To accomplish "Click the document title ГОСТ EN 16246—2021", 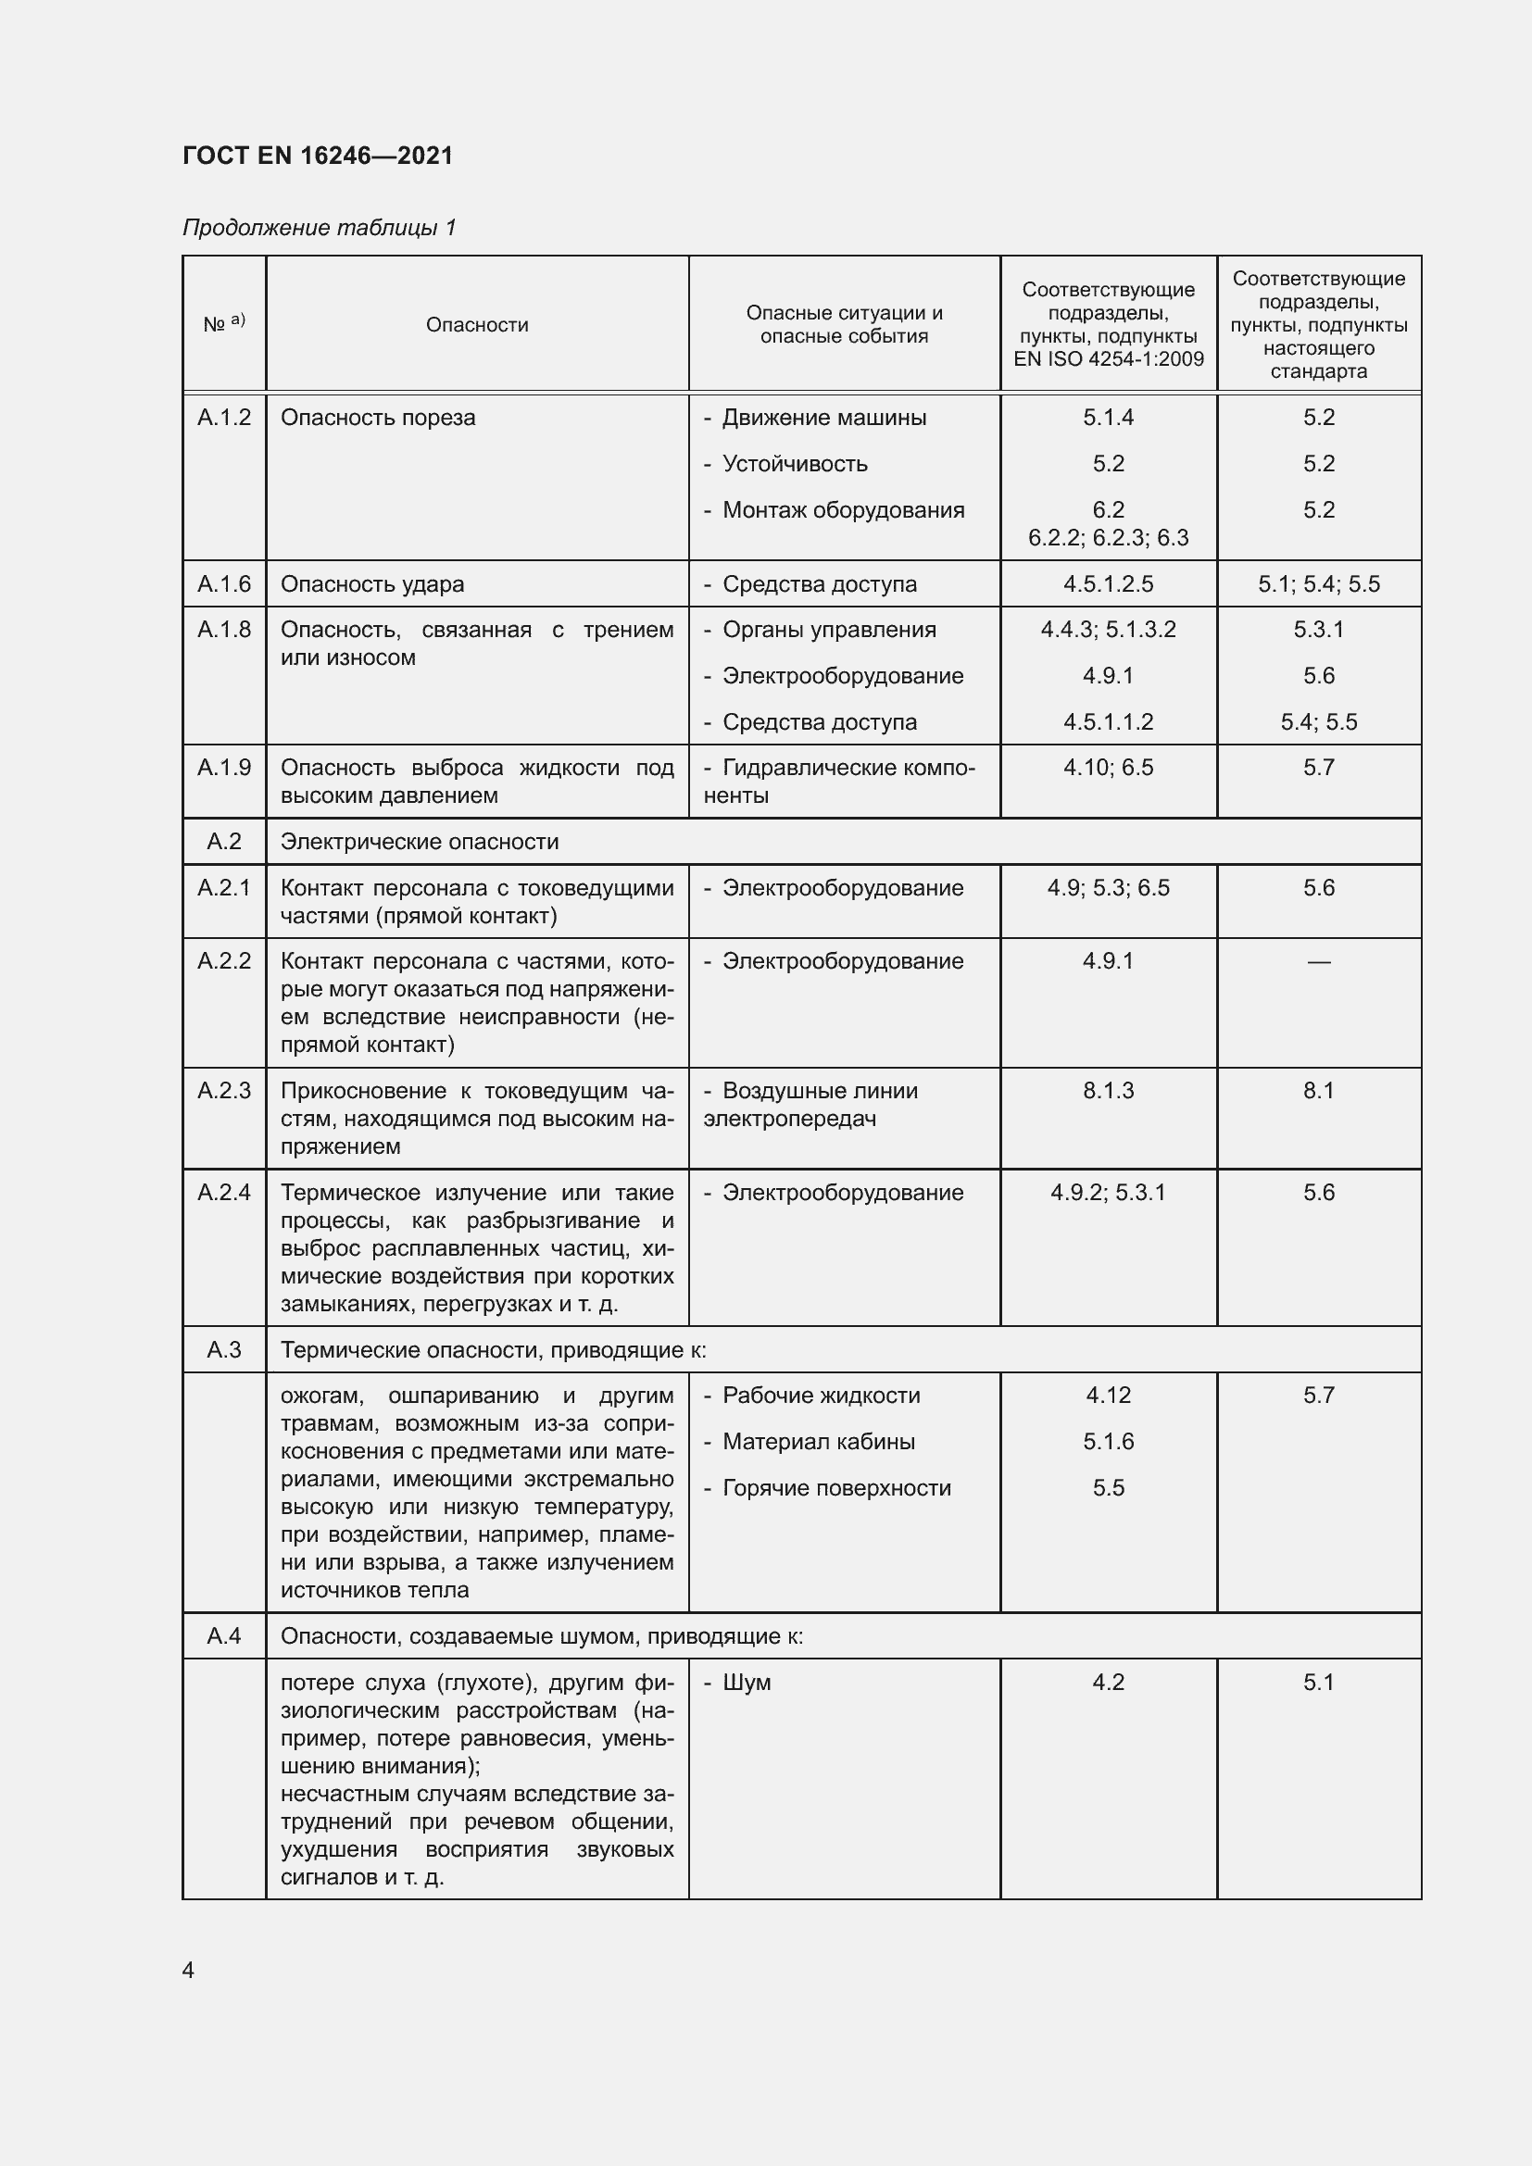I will coord(318,156).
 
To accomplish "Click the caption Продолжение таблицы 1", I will coord(319,228).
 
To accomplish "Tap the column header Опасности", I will coord(476,324).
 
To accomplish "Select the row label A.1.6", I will coord(223,584).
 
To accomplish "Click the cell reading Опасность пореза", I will coord(377,417).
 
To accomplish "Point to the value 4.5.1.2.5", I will coord(1108,584).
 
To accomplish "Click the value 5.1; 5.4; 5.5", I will coord(1318,584).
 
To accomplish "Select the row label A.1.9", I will coord(223,767).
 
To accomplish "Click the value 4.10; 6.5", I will coord(1108,767).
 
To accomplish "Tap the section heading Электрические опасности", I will coord(419,842).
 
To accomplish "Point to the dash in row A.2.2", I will coord(1318,961).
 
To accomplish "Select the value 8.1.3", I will coord(1108,1091).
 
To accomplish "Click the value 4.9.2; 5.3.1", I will coord(1108,1193).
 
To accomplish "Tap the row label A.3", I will coord(223,1350).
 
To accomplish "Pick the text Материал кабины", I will coord(818,1442).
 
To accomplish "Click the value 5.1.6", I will coord(1108,1442).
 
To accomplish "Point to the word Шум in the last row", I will coord(747,1682).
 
